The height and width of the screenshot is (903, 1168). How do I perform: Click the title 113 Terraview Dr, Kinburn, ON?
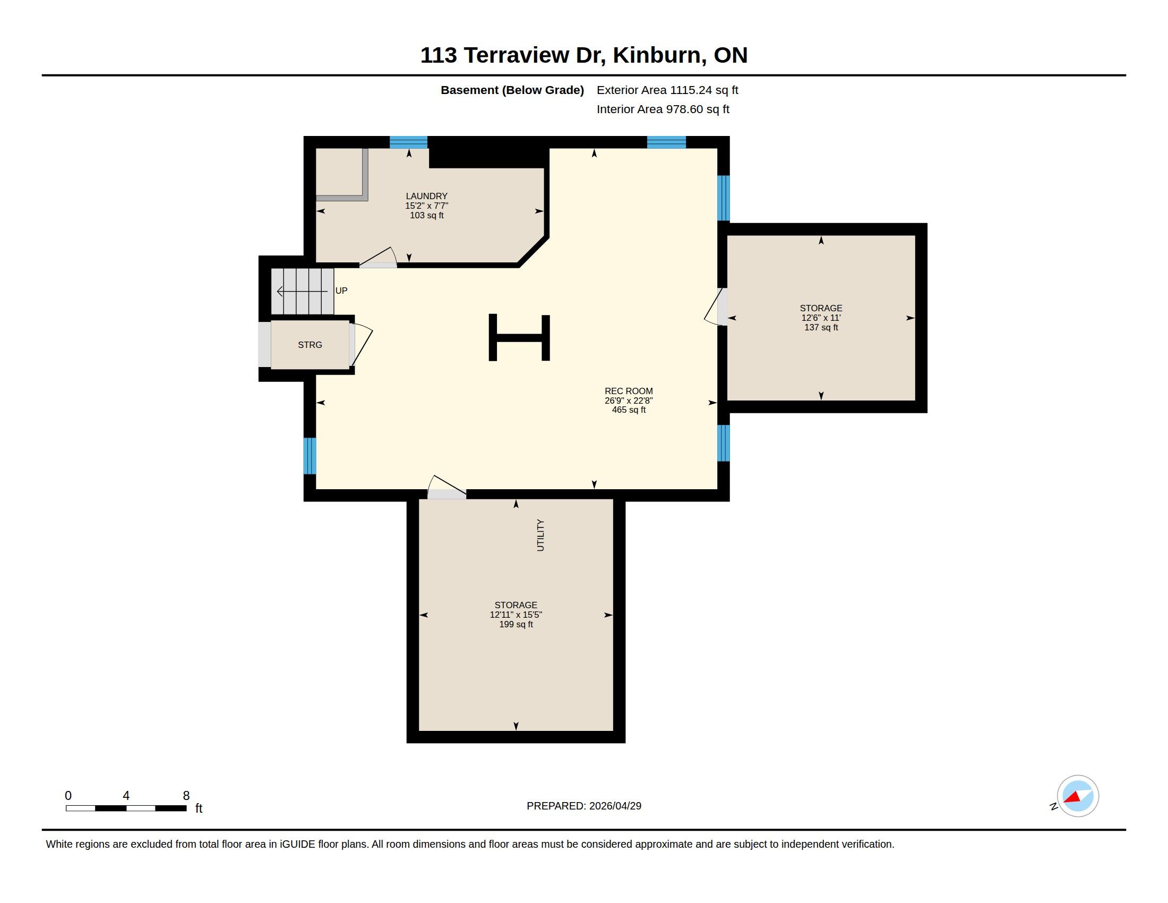tap(583, 55)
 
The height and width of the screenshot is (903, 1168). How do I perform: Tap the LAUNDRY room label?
tap(426, 197)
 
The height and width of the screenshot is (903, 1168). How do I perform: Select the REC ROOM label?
tap(629, 391)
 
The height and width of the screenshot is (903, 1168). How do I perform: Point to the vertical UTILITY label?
tap(540, 535)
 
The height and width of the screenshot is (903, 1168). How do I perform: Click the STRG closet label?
tap(310, 345)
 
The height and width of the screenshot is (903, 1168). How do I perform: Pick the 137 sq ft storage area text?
tap(821, 327)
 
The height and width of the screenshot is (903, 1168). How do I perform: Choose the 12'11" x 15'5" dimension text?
tap(516, 615)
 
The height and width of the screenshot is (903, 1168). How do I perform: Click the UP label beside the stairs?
tap(341, 291)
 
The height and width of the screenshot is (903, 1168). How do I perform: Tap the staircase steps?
tap(302, 291)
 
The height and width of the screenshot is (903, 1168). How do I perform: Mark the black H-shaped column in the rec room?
tap(519, 337)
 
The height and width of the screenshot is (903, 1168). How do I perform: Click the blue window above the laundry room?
tap(409, 142)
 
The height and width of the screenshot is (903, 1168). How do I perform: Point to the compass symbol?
tap(1077, 796)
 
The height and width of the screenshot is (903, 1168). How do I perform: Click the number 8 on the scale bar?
tap(186, 796)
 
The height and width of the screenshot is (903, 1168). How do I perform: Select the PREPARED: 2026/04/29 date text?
tap(584, 806)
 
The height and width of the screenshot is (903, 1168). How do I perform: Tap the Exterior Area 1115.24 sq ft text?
tap(667, 90)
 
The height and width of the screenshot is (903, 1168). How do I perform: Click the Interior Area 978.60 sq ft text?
tap(663, 109)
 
